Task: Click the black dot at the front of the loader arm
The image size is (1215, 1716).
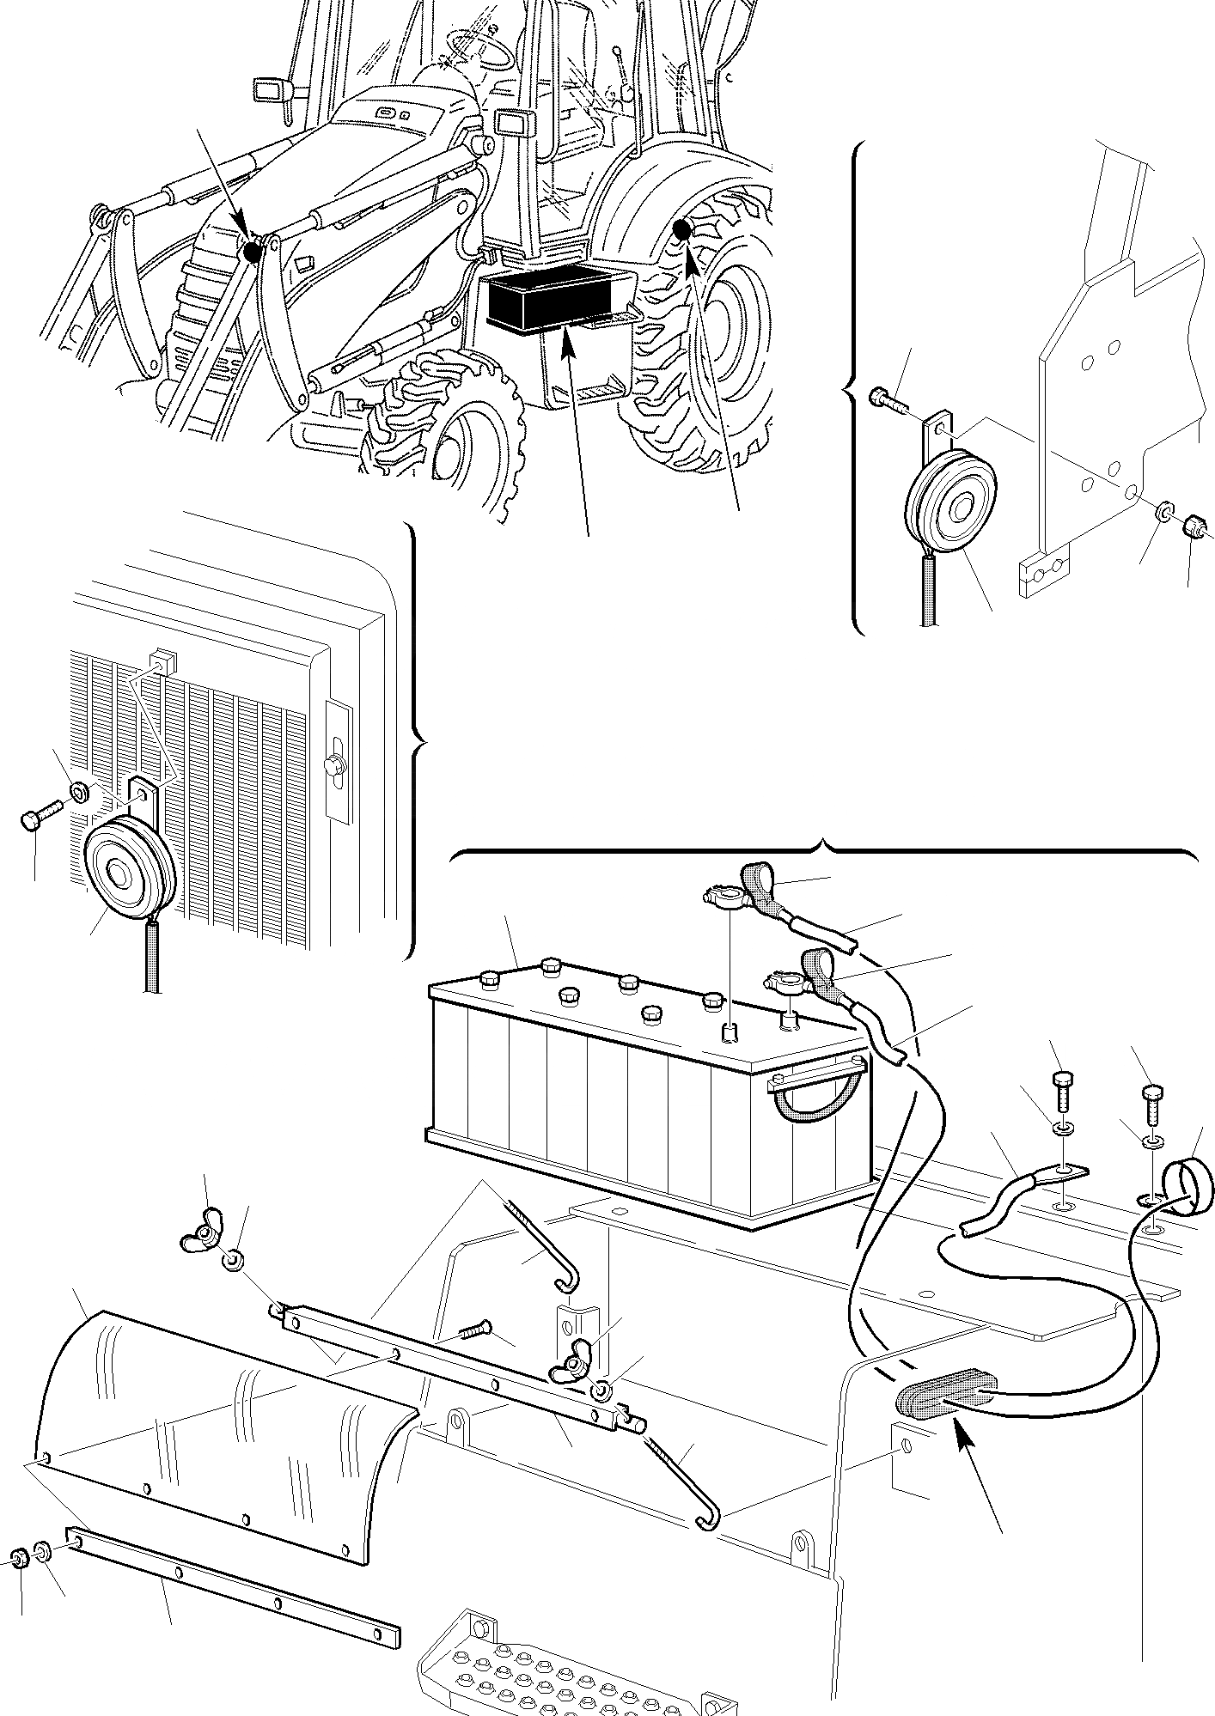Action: click(253, 252)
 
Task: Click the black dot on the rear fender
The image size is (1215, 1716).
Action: click(684, 228)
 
